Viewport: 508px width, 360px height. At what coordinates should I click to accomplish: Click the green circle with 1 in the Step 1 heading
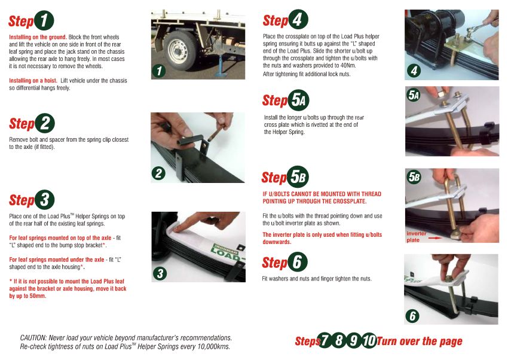[x=44, y=20]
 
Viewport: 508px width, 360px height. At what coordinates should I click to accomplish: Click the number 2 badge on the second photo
[x=158, y=173]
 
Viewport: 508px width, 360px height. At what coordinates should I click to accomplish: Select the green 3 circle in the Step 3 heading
[x=44, y=200]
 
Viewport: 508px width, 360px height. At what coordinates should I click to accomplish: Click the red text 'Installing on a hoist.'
[x=33, y=81]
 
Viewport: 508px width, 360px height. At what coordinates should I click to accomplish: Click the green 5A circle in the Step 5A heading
[x=298, y=100]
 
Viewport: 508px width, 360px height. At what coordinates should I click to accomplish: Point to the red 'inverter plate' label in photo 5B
[x=416, y=237]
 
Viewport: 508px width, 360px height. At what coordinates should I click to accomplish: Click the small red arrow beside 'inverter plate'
[x=434, y=238]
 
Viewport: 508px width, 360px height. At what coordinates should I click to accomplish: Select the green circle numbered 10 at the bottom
[x=369, y=340]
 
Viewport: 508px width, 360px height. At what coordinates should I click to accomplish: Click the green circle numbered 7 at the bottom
[x=325, y=340]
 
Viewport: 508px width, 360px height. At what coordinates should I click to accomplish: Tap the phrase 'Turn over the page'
[x=420, y=341]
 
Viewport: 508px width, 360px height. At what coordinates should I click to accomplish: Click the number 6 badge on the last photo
[x=412, y=316]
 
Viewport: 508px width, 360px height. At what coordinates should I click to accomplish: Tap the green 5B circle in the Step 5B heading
[x=298, y=177]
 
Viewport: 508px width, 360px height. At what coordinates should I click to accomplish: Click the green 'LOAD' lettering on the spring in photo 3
[x=226, y=254]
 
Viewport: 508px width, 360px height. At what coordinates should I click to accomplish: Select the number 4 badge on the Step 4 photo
[x=414, y=71]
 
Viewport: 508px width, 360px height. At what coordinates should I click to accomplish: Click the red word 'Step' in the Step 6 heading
[x=274, y=263]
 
